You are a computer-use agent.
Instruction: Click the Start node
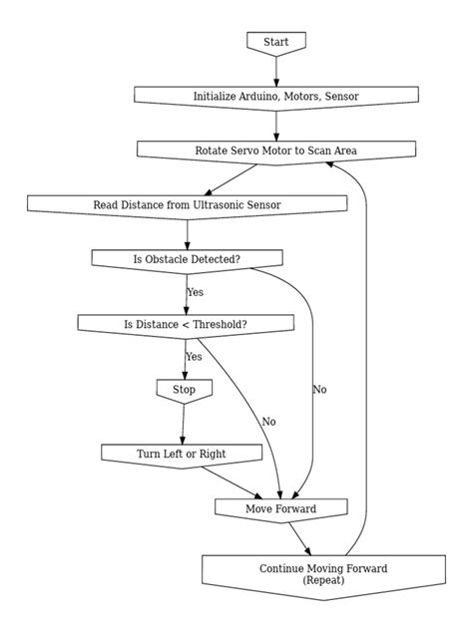point(275,42)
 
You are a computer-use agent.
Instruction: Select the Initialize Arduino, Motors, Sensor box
point(275,97)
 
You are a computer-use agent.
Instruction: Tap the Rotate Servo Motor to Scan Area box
point(275,151)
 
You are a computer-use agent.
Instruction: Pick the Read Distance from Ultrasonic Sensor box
point(187,205)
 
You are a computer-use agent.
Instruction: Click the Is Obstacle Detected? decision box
point(187,259)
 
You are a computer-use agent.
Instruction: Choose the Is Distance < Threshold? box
point(186,324)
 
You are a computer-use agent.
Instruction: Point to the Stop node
point(184,389)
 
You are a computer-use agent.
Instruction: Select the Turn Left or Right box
point(181,454)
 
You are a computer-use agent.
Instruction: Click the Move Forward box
point(280,509)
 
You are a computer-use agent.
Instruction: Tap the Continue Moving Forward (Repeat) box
point(337,574)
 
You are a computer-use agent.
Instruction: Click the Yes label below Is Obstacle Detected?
point(195,292)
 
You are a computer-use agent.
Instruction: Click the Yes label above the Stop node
point(194,357)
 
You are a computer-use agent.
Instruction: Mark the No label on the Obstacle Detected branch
point(319,389)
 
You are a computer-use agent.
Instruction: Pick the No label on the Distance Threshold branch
point(268,422)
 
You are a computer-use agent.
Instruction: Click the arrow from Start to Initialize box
point(275,70)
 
